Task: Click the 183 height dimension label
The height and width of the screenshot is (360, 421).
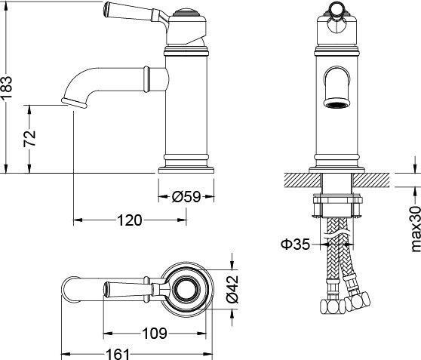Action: tap(7, 88)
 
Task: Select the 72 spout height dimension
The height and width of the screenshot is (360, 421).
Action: tap(29, 138)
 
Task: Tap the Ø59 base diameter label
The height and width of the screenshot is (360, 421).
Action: tap(186, 197)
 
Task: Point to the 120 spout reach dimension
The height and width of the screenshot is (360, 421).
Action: tap(130, 220)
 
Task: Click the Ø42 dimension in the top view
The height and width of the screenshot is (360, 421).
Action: tap(232, 289)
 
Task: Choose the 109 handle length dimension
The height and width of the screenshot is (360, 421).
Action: tap(155, 334)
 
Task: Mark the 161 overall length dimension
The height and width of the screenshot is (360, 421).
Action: tap(118, 354)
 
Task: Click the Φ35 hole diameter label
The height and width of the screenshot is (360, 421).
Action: tap(295, 245)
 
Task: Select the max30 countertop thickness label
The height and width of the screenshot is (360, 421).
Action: tap(415, 229)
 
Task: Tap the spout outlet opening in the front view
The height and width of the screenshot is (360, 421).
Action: tap(336, 103)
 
